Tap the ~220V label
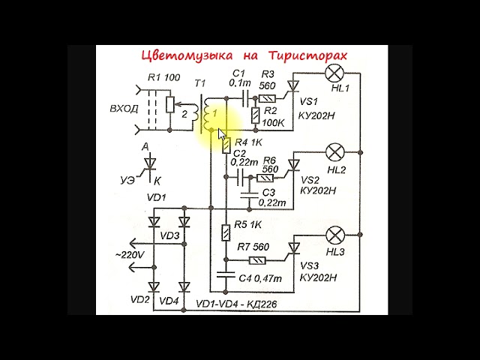(130, 255)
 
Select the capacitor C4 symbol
(226, 276)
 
